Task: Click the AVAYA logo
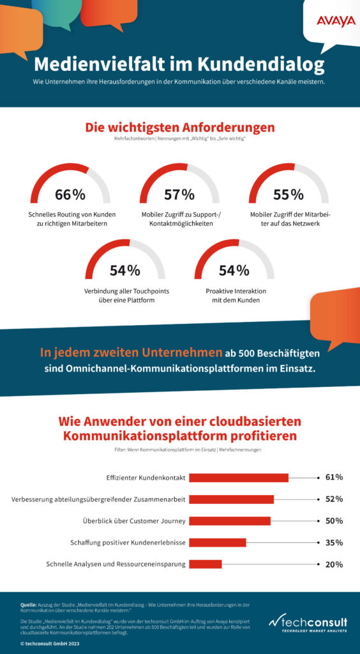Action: click(x=335, y=22)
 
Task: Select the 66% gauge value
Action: click(x=70, y=195)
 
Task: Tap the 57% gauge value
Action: click(x=179, y=195)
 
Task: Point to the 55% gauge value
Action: click(x=289, y=195)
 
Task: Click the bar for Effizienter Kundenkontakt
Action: click(x=239, y=477)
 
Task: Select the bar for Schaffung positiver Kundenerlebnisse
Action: click(x=218, y=542)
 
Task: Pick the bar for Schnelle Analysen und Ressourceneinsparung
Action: click(x=206, y=564)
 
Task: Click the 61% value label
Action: click(x=334, y=477)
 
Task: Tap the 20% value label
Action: click(x=334, y=564)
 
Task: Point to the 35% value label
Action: click(x=334, y=542)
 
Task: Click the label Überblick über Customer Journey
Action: click(x=133, y=521)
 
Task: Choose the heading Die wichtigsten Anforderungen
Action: click(x=180, y=127)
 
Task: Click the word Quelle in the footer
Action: click(x=28, y=604)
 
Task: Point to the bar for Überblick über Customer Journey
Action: click(x=230, y=521)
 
